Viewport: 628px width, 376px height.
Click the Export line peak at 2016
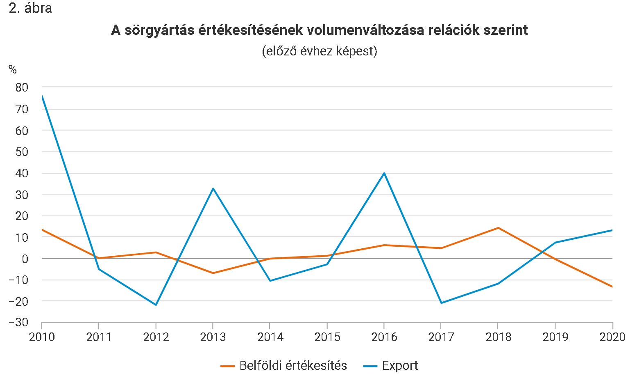click(384, 173)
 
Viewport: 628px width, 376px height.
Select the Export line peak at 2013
click(213, 188)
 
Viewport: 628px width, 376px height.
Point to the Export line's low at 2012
click(156, 305)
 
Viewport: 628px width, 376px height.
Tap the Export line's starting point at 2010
click(42, 96)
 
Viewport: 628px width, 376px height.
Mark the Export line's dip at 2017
click(441, 303)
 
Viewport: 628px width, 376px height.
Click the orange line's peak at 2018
click(498, 228)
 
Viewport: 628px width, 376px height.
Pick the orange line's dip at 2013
click(213, 273)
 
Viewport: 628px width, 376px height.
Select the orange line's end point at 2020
click(612, 287)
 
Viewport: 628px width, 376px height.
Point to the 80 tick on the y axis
click(22, 87)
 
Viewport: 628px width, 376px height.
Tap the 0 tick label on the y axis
click(25, 259)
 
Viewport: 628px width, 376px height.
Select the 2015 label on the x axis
click(327, 337)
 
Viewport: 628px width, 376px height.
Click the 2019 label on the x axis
click(555, 337)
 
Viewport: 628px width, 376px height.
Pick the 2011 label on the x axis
click(99, 337)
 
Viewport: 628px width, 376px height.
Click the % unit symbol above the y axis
click(13, 70)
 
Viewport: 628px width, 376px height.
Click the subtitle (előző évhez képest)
click(319, 51)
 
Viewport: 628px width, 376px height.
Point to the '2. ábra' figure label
click(30, 8)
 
